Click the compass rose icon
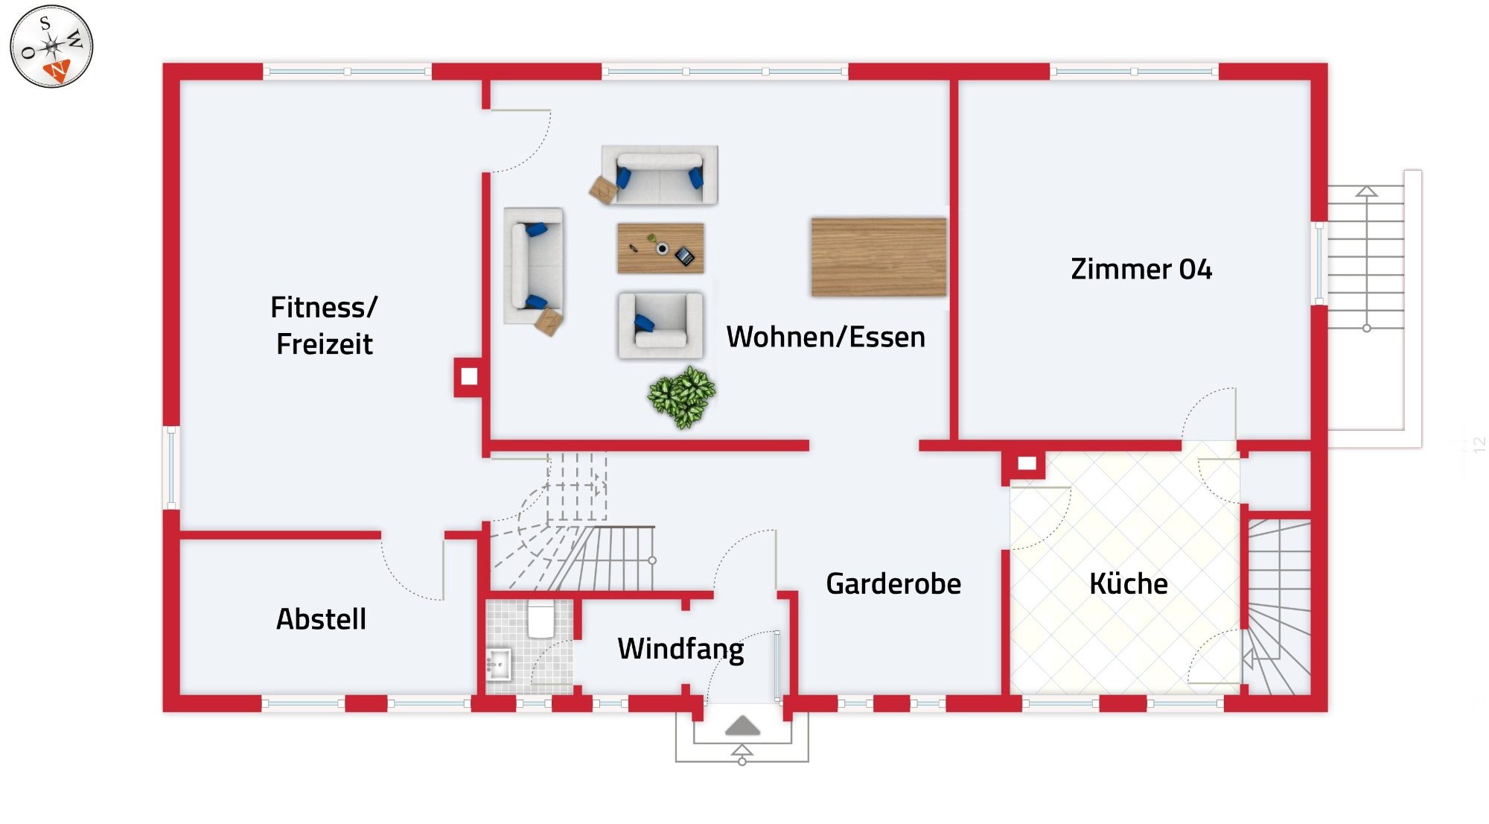tap(51, 46)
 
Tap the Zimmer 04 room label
tap(1141, 269)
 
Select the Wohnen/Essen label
tap(826, 337)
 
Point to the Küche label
tap(1128, 583)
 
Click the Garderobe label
tap(893, 583)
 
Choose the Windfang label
tap(680, 648)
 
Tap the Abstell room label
tap(321, 618)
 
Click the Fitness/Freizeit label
tap(324, 326)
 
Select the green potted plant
tap(682, 396)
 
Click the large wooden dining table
tap(879, 257)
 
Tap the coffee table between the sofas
tap(660, 248)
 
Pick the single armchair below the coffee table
tap(660, 326)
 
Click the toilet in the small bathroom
tap(541, 620)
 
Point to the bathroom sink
tap(498, 662)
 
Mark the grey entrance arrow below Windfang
tap(742, 725)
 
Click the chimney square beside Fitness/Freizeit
tap(469, 376)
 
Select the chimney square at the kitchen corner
tap(1027, 463)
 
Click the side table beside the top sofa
tap(603, 189)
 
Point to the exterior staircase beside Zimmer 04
tap(1366, 257)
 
